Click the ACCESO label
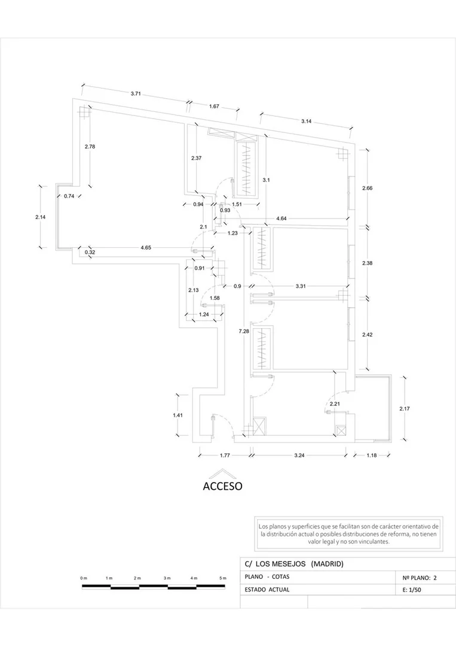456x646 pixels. [x=222, y=486]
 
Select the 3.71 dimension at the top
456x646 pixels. [x=136, y=93]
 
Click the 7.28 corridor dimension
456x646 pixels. [x=244, y=331]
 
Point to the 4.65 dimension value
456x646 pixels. [x=146, y=248]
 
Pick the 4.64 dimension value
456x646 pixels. [x=281, y=219]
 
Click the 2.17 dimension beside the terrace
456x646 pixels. [x=404, y=409]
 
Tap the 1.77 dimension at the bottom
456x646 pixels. [x=225, y=455]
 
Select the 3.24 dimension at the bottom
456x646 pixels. [x=299, y=455]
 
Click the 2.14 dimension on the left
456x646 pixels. [x=40, y=217]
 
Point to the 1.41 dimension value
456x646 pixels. [x=177, y=415]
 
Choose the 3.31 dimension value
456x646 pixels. [x=301, y=286]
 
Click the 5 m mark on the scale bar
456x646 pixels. [x=223, y=578]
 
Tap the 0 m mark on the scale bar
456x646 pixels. [x=84, y=578]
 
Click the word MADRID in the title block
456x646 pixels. [x=327, y=564]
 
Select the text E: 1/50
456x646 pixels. [x=412, y=590]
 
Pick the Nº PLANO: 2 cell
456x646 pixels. [x=420, y=578]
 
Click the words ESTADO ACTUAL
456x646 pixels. [x=267, y=590]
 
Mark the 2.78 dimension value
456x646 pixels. [x=90, y=146]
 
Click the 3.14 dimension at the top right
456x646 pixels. [x=306, y=121]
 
